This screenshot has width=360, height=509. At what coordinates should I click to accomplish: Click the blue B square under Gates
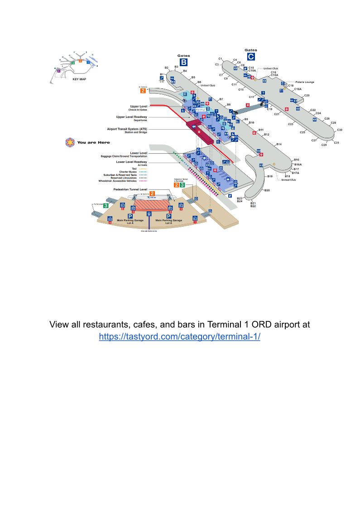tap(183, 62)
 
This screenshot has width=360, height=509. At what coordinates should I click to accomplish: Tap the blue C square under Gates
tap(250, 57)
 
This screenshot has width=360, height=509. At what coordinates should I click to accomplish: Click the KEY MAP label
tap(79, 79)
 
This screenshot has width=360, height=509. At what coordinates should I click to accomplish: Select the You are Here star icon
tap(70, 142)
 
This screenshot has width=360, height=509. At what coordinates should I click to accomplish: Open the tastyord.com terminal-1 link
tap(179, 337)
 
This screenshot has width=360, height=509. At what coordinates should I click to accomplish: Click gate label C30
tap(340, 130)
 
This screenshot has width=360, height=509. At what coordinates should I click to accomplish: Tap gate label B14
tap(279, 144)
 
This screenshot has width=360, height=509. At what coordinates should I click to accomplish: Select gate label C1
tap(220, 59)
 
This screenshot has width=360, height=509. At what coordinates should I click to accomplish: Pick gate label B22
tap(253, 206)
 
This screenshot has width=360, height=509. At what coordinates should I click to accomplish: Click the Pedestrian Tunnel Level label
tap(130, 189)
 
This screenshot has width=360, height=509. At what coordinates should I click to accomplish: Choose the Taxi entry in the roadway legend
tap(134, 169)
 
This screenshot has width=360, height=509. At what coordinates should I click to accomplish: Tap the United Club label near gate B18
tap(288, 180)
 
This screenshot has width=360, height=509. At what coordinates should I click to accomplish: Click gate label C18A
tap(298, 89)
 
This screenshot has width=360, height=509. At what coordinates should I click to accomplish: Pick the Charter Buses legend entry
tap(128, 172)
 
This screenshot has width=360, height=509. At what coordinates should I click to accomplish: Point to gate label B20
tap(267, 190)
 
